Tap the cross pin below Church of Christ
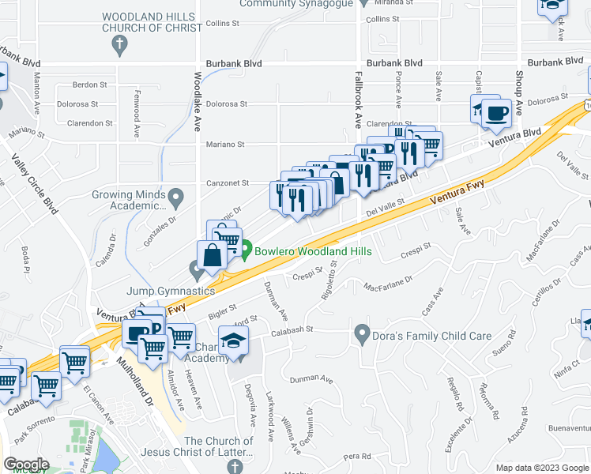(x=119, y=46)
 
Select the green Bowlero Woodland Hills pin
(x=246, y=252)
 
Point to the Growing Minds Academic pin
(x=175, y=195)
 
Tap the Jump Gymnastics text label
(x=171, y=291)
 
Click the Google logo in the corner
(x=25, y=465)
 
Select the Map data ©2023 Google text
(x=541, y=468)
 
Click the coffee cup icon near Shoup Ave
(x=497, y=114)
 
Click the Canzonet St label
(x=228, y=182)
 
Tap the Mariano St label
(x=226, y=145)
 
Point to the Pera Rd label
(x=357, y=456)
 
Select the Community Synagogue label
(x=284, y=4)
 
